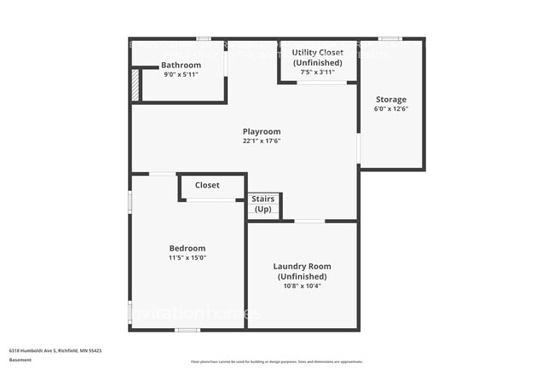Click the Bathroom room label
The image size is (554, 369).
click(x=181, y=66)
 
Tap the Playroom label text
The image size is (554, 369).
click(x=262, y=131)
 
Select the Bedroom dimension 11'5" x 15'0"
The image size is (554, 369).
click(x=187, y=257)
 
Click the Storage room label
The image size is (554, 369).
click(x=391, y=100)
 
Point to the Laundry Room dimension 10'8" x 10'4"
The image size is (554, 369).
click(x=302, y=286)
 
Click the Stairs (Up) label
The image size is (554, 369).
click(x=263, y=204)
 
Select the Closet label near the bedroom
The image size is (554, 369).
click(x=207, y=185)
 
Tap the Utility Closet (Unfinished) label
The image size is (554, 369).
click(x=317, y=58)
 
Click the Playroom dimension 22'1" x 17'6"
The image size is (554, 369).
click(x=262, y=141)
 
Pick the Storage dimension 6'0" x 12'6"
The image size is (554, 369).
click(x=391, y=109)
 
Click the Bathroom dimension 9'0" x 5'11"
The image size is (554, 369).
click(x=181, y=75)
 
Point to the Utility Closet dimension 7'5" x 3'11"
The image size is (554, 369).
click(x=318, y=72)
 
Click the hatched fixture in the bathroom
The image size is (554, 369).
click(x=135, y=85)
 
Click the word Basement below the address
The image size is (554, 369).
click(x=20, y=360)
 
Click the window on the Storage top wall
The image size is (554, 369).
click(x=390, y=38)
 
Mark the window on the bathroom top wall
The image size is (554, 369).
click(x=204, y=38)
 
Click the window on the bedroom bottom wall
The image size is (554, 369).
click(x=187, y=330)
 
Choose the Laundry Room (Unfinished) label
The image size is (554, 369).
click(x=302, y=271)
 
